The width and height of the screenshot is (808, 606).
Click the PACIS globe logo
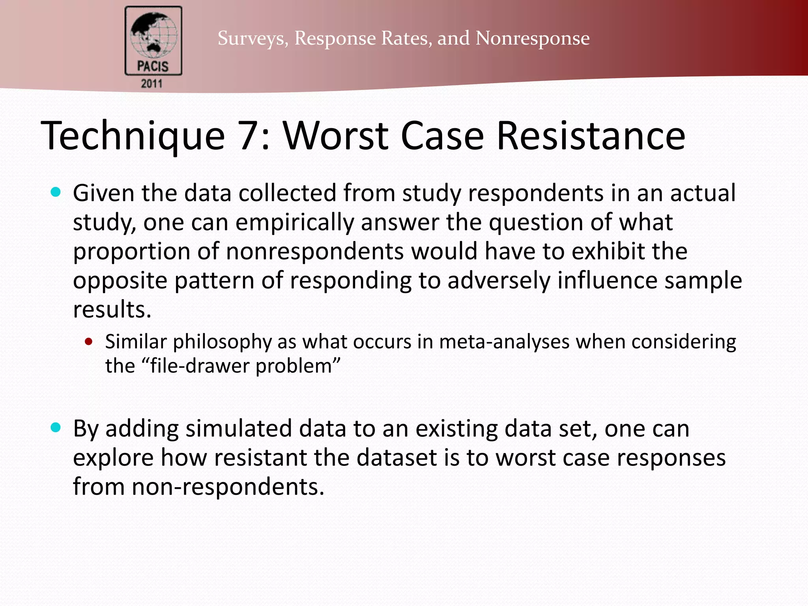(x=153, y=40)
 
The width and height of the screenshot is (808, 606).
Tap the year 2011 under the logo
(x=152, y=84)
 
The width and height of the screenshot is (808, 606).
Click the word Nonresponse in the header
(x=533, y=38)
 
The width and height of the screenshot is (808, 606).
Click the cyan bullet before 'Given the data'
(x=56, y=193)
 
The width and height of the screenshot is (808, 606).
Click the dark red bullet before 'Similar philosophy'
(x=89, y=342)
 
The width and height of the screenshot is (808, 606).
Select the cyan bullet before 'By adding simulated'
(x=56, y=427)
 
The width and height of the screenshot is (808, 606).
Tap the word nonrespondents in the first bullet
(x=315, y=251)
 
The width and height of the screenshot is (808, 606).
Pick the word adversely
(x=499, y=281)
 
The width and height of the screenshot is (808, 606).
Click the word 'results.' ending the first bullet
(x=112, y=309)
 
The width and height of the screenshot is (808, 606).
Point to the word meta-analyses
(x=504, y=342)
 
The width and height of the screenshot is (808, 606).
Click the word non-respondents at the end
(x=228, y=487)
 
